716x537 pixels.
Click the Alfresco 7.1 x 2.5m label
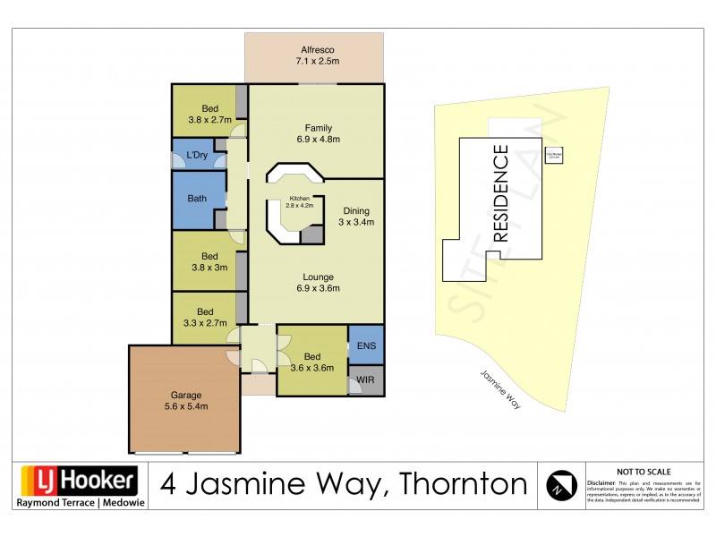click(314, 55)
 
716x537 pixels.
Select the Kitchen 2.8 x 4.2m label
click(298, 201)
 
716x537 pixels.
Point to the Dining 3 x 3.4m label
click(355, 217)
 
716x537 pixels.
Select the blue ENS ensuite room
click(365, 345)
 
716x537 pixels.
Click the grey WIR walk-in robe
click(366, 379)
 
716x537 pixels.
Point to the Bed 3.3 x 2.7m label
click(205, 317)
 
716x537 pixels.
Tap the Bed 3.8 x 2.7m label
click(209, 113)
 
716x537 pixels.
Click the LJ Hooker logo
click(78, 481)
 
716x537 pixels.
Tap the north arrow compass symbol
click(558, 485)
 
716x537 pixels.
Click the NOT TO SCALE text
click(643, 471)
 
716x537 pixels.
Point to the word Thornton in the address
click(461, 484)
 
